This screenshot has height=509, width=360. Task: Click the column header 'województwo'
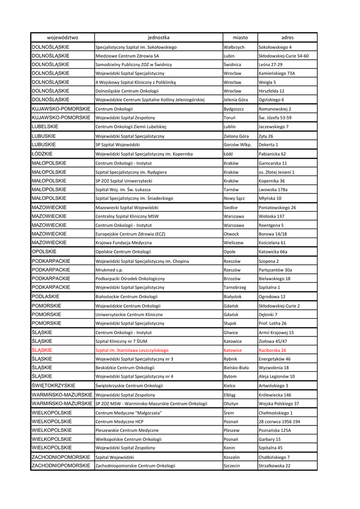click(62, 37)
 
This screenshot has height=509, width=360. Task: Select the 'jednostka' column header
click(158, 37)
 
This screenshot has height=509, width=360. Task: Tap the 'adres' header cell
click(287, 37)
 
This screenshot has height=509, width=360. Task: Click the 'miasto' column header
click(240, 37)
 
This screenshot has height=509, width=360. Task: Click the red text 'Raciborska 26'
click(272, 350)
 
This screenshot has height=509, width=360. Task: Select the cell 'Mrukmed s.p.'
click(109, 270)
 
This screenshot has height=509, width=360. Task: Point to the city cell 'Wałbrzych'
click(234, 47)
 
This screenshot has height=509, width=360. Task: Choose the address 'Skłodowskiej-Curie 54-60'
click(283, 56)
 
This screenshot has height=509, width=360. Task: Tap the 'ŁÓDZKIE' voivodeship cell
click(42, 154)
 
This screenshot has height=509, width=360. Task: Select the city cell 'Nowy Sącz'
click(235, 198)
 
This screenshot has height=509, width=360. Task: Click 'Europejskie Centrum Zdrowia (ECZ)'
click(130, 234)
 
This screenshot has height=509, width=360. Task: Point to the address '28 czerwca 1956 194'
click(279, 422)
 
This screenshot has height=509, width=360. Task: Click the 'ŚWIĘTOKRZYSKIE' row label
click(53, 386)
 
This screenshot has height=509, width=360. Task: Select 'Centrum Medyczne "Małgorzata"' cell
click(129, 413)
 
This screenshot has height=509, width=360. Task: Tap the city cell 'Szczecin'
click(232, 466)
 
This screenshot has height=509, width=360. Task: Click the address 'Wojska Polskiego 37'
click(279, 404)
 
